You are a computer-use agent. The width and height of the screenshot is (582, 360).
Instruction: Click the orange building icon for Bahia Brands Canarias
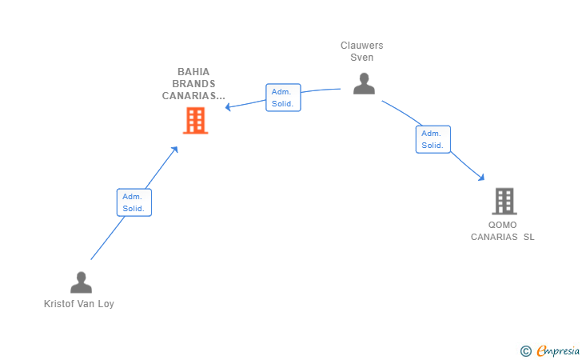195,120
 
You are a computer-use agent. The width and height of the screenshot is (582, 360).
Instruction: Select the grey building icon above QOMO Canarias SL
504,201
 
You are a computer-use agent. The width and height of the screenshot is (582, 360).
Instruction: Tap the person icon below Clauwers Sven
364,83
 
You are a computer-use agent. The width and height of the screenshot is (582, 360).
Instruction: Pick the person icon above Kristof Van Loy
81,282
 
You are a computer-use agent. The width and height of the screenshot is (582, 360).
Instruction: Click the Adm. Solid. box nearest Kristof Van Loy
134,202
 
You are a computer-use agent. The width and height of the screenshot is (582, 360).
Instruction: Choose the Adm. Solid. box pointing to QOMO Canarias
433,139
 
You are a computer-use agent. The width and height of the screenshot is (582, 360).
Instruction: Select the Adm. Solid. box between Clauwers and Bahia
283,98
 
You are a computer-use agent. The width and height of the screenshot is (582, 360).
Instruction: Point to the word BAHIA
193,72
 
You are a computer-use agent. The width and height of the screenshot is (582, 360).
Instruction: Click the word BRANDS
193,83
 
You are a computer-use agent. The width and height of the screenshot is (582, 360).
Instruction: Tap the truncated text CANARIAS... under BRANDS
193,95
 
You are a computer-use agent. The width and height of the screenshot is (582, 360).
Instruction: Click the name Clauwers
361,46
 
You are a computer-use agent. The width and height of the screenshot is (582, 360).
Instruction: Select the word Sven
361,58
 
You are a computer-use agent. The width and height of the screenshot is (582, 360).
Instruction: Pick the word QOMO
502,225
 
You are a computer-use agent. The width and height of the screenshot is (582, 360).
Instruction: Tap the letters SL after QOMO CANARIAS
529,237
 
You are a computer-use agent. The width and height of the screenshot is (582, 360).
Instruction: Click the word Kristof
57,303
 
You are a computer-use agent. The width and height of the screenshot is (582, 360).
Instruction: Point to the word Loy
106,304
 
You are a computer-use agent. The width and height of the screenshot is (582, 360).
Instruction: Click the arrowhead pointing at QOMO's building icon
481,178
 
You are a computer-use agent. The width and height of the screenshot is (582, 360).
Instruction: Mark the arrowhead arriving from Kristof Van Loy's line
175,150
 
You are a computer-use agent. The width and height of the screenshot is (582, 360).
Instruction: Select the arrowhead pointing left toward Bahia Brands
228,107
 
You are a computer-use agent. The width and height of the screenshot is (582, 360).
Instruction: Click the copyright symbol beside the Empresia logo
525,351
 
